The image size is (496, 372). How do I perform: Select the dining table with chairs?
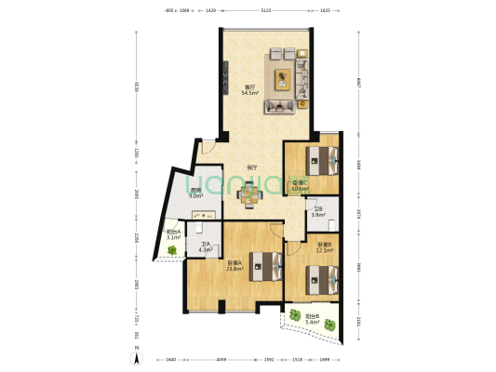click(249, 193)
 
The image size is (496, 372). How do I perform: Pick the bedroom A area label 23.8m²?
click(235, 266)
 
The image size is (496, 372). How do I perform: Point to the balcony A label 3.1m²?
click(173, 236)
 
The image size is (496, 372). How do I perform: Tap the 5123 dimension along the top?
click(266, 9)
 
